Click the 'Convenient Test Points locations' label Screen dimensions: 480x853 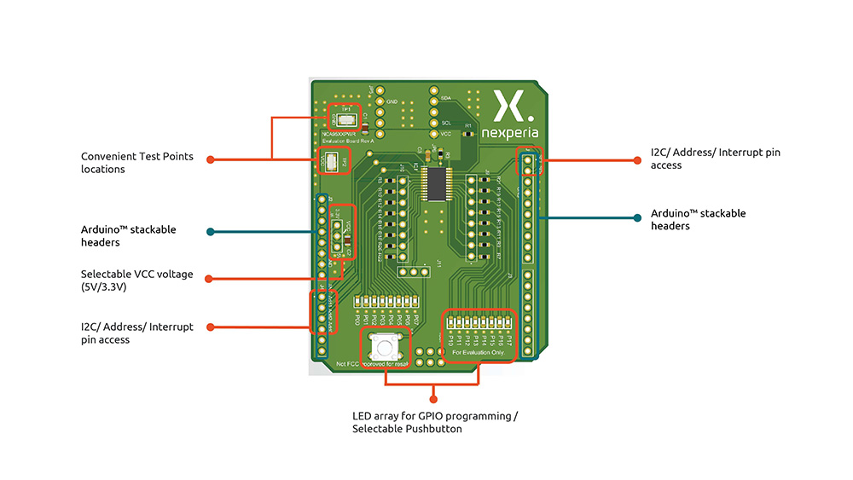(x=137, y=163)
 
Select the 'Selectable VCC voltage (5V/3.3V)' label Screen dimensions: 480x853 (x=137, y=280)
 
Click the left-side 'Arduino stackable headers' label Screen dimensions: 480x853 (x=129, y=236)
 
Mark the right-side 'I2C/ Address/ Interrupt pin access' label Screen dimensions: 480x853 (x=715, y=159)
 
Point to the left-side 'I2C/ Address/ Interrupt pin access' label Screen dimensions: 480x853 (x=137, y=333)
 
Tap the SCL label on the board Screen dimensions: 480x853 (x=445, y=123)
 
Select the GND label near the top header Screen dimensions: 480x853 (x=392, y=102)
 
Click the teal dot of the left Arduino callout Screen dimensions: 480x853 (x=210, y=231)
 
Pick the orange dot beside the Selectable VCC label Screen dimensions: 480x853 (x=210, y=278)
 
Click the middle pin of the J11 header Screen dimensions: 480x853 (x=414, y=272)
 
